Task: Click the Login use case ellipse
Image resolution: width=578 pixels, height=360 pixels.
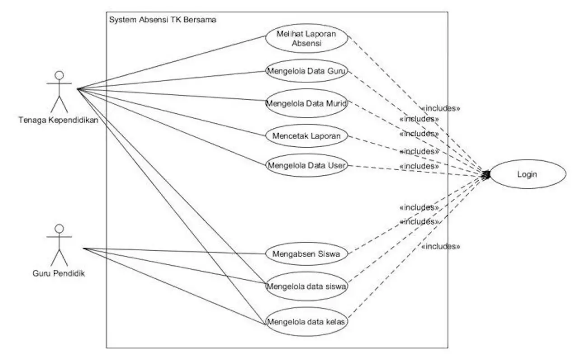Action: (x=527, y=174)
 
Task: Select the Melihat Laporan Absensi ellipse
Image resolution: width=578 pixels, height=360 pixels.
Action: (x=306, y=39)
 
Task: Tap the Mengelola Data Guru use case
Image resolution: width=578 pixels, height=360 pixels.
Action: (x=306, y=71)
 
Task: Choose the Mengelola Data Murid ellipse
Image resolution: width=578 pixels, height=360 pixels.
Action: (x=306, y=103)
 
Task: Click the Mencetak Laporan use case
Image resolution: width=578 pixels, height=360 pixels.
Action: (x=306, y=135)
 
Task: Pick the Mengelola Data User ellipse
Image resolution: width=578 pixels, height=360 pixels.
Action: (x=306, y=165)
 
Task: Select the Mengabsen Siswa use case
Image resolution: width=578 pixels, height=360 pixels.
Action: (x=306, y=254)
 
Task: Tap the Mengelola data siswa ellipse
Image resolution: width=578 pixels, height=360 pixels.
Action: (x=306, y=286)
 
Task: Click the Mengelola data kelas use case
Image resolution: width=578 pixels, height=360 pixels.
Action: (x=306, y=322)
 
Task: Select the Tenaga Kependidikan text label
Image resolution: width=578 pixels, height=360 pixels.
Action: (x=58, y=120)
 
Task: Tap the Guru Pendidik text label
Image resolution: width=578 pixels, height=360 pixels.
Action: (x=59, y=273)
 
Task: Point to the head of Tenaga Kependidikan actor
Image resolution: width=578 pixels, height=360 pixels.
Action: (x=59, y=75)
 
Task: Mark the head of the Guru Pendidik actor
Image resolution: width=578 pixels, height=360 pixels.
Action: (x=59, y=228)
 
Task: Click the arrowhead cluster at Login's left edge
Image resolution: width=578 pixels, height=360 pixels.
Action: (x=487, y=174)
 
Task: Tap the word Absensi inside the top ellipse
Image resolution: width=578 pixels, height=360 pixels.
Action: (x=306, y=44)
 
